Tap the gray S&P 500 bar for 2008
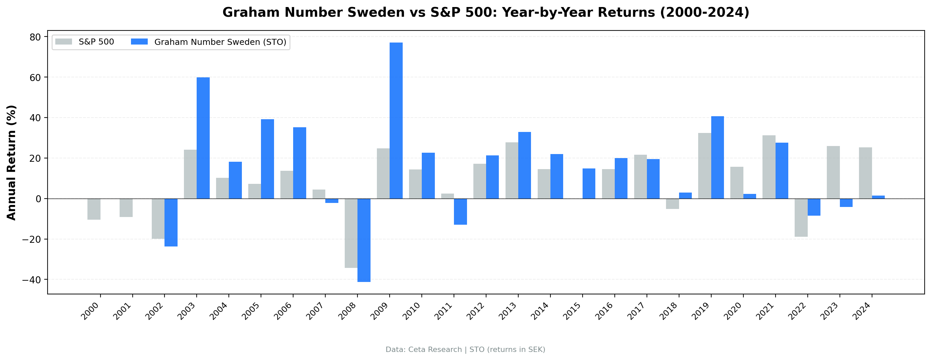point(351,233)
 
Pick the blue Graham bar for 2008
point(364,240)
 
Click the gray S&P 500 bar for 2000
point(94,209)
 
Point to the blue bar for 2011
point(460,211)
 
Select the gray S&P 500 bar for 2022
point(801,218)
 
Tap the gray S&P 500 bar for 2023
point(833,172)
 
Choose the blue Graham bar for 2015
point(589,184)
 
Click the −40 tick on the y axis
point(32,280)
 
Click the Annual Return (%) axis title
point(12,162)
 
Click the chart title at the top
point(486,13)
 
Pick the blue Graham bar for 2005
point(267,159)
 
